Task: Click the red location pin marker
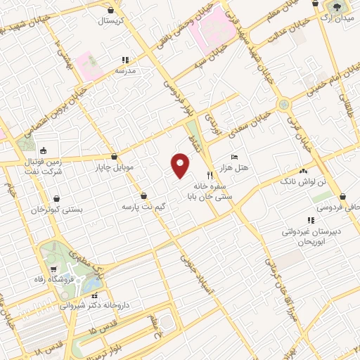click(x=181, y=166)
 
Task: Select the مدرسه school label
click(x=124, y=71)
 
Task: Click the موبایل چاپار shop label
click(x=114, y=168)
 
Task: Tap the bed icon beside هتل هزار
click(x=234, y=157)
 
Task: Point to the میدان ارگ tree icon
click(x=335, y=7)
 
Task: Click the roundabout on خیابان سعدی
click(x=284, y=105)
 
